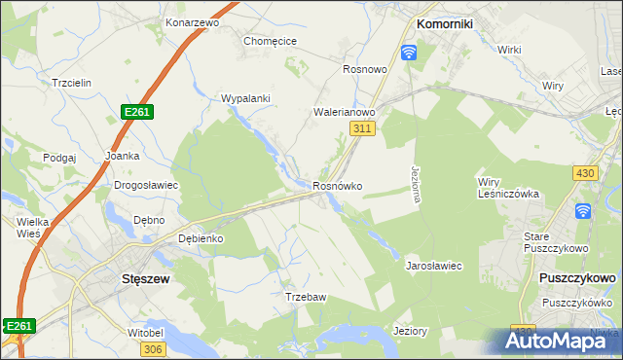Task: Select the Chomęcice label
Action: click(270, 41)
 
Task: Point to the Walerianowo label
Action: click(345, 112)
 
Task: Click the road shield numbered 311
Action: click(361, 128)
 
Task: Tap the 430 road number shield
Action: click(584, 172)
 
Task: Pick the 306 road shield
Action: click(152, 347)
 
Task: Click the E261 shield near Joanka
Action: click(136, 113)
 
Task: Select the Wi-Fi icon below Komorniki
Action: click(409, 52)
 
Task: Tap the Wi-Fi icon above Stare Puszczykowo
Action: click(583, 211)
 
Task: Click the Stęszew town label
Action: click(122, 278)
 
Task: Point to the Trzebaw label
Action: click(304, 297)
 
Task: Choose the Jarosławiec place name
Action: click(433, 265)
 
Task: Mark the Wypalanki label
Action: click(245, 98)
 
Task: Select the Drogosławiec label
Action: click(146, 185)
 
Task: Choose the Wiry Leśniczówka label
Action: click(507, 187)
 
